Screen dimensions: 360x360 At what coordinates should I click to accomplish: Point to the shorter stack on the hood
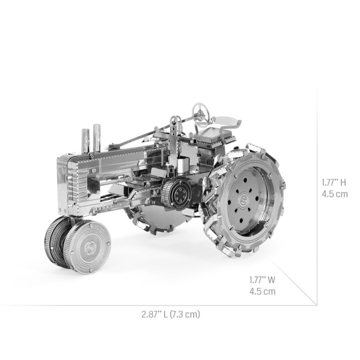(85, 140)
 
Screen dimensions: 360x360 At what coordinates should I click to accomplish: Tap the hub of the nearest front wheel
(89, 247)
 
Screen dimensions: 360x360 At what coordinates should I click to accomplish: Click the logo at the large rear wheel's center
(243, 199)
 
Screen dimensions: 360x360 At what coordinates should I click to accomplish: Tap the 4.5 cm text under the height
(335, 194)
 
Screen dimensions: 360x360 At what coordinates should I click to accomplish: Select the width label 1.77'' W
(262, 280)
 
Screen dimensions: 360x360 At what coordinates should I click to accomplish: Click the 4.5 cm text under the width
(262, 291)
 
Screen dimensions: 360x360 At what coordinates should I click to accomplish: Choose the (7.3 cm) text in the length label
(185, 314)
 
